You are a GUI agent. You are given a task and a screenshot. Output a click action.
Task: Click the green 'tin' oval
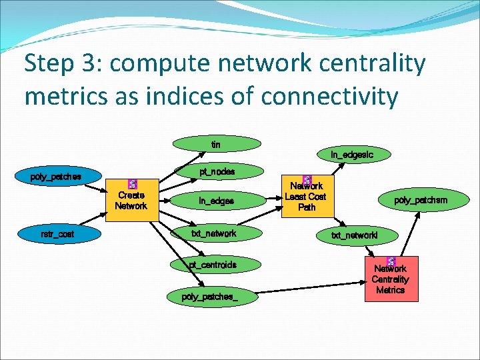(216, 144)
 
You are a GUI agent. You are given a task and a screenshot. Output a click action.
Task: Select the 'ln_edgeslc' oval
(351, 155)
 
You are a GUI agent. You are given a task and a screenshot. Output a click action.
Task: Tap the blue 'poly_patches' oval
(56, 177)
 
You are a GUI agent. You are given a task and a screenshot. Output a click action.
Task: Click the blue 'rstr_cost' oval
(57, 234)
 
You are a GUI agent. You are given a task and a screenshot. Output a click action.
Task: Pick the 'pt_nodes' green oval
(217, 172)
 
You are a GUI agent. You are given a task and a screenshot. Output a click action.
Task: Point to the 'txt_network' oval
(213, 233)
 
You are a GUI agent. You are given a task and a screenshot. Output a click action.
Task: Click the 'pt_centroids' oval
(212, 265)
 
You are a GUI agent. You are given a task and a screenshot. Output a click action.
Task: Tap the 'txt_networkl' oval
(355, 235)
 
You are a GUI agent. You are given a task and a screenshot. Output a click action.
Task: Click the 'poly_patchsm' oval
(421, 200)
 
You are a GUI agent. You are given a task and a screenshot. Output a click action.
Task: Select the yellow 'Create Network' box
(131, 200)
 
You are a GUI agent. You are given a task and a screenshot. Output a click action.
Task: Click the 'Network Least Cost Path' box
(307, 197)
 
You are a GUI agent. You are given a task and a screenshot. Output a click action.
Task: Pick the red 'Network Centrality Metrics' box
(390, 279)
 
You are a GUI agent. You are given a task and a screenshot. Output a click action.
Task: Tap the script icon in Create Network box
(131, 185)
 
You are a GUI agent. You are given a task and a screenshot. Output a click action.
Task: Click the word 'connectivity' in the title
(329, 96)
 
